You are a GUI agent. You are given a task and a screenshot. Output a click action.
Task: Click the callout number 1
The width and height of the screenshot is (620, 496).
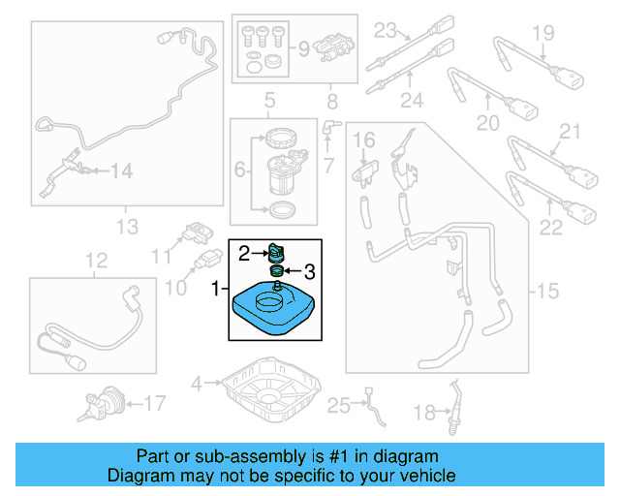click(x=216, y=288)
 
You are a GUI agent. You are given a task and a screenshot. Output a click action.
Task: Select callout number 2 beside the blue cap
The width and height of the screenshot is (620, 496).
click(x=245, y=254)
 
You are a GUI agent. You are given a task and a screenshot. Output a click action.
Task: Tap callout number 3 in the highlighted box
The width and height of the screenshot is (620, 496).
click(x=310, y=270)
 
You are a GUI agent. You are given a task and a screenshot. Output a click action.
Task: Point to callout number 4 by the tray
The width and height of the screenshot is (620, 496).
click(x=197, y=383)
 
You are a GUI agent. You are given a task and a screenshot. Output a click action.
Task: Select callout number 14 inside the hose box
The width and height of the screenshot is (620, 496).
click(x=121, y=171)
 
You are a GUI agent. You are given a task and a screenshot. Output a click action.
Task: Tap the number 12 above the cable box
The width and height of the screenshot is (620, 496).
click(x=94, y=260)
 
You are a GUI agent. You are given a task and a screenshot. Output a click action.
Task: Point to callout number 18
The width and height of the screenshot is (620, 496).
click(x=425, y=414)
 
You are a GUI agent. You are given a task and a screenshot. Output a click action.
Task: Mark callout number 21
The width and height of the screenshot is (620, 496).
click(x=569, y=132)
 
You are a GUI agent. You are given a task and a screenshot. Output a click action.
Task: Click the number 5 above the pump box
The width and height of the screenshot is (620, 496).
click(x=269, y=99)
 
